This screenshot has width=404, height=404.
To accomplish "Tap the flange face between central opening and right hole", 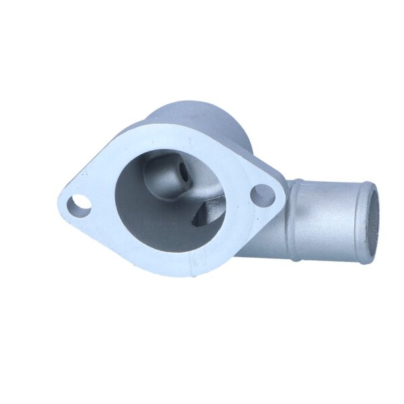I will (x=239, y=195).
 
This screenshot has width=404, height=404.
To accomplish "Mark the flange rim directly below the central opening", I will (x=168, y=263).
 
